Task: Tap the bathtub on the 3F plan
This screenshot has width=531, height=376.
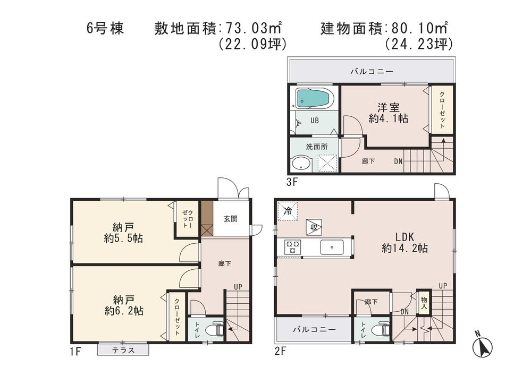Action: click(315, 98)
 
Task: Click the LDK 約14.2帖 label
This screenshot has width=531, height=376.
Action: click(404, 242)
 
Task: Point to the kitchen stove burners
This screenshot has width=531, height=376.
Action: click(293, 246)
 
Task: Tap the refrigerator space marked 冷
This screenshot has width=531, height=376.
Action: click(288, 211)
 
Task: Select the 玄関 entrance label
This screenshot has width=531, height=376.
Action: click(230, 218)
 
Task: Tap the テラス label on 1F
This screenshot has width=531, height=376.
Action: click(123, 350)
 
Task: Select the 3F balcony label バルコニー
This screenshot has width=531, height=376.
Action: click(372, 71)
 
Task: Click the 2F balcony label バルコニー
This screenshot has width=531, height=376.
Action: click(314, 329)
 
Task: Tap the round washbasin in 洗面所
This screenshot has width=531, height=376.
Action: click(301, 163)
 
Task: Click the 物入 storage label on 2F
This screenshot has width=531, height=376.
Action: click(424, 303)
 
